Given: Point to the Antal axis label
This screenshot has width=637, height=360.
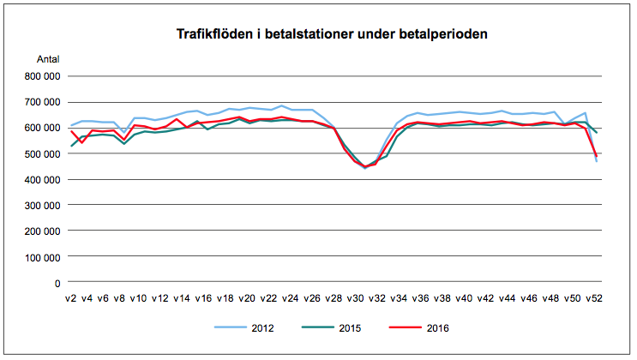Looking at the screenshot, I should pos(48,59).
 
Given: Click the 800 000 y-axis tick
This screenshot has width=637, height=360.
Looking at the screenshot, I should pos(43,76).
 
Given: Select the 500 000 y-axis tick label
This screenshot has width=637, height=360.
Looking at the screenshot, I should pos(43,154).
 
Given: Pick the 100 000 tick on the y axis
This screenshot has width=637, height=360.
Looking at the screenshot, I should pos(43,257).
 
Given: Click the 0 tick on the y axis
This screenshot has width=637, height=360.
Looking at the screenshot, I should pos(57,283).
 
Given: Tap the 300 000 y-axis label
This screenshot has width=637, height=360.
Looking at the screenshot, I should pos(43,206).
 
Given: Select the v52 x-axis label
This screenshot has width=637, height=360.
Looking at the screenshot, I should pos(594,299).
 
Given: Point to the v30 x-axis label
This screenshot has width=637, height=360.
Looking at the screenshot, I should pos(355,299).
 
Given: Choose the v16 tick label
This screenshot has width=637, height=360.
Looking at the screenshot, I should pos(203,299).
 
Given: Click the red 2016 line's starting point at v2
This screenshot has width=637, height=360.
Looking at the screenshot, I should pos(72,130).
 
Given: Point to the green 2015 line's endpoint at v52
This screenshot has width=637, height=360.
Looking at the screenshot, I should pos(597,133).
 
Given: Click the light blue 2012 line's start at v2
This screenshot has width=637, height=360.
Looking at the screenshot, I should pos(72,125).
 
